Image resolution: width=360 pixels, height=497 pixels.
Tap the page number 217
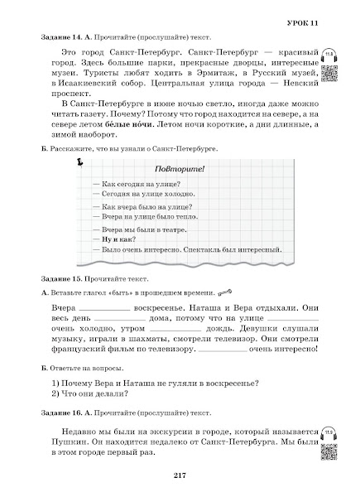coord(180,474)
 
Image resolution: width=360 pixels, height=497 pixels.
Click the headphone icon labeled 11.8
coord(329,53)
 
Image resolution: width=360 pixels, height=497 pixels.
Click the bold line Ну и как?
coord(118,236)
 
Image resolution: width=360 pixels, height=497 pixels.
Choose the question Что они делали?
coord(84,393)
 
